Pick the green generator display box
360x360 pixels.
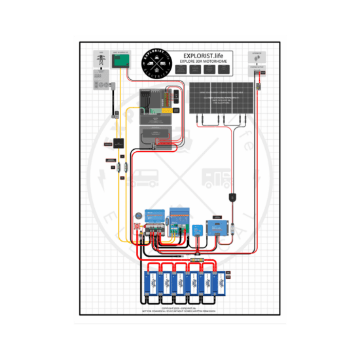tap(121, 62)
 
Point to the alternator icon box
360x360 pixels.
tap(257, 56)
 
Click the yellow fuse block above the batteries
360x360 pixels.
tap(194, 260)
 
